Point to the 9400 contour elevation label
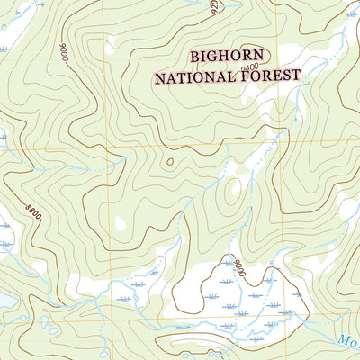point(251,67)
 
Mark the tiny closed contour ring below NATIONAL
point(170,162)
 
